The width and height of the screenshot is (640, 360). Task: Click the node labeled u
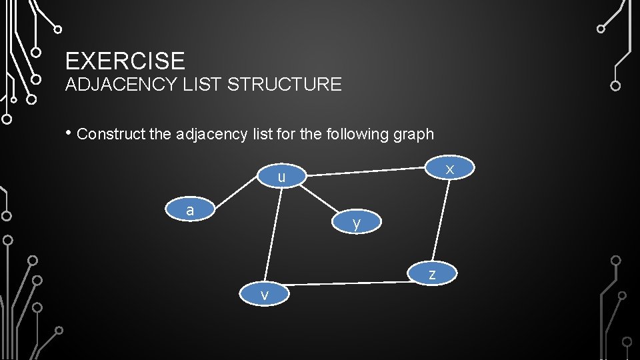pos(281,177)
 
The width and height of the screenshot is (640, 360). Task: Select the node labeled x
pos(450,169)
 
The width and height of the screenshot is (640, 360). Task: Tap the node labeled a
pos(190,210)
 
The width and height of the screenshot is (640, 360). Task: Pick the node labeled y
pos(357,223)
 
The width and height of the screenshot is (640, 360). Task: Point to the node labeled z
pos(432,273)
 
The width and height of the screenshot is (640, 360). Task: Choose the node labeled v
pos(265,295)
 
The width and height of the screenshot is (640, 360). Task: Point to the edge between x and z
pos(441,221)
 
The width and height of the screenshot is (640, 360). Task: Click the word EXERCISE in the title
pos(125,61)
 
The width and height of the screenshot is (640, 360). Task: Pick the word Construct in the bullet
pos(111,134)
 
